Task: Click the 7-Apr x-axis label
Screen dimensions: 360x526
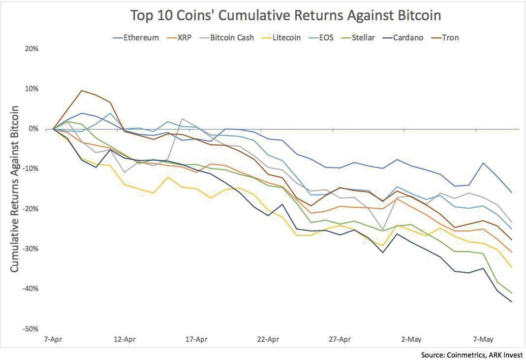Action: [53, 339]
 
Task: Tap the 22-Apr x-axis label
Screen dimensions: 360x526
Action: [268, 339]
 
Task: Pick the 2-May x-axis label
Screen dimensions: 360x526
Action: [411, 339]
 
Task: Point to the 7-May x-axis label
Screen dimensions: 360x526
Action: [483, 339]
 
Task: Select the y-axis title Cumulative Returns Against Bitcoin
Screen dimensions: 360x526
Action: [15, 189]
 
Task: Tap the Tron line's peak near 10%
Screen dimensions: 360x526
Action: [82, 91]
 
